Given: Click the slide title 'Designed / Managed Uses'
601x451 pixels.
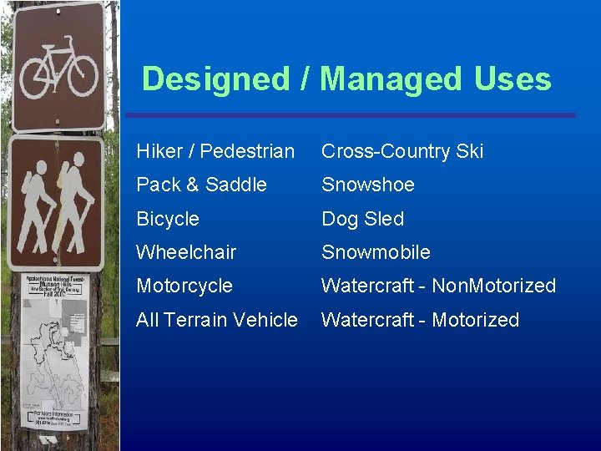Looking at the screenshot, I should coord(346,79).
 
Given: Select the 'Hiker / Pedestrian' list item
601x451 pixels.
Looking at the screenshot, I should coord(215,151).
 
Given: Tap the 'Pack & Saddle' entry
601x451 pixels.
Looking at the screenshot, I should coord(201,185).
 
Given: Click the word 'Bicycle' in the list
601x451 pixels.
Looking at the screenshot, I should coord(168,219).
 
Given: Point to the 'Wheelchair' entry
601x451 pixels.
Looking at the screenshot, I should coord(186,252).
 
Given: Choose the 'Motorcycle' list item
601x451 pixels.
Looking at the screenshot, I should coord(184,286).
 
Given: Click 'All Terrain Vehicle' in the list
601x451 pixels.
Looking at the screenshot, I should coord(217,320).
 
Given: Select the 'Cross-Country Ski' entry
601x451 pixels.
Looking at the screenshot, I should coord(402,151).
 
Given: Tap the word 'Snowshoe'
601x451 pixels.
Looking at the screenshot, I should coord(368,185).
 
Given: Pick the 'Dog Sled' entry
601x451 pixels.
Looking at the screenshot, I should coord(362,219).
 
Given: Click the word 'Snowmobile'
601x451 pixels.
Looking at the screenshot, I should coord(376,252).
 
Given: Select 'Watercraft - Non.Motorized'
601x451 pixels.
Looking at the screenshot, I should coord(438,286).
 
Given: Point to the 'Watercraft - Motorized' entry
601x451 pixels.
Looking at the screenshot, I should coord(420,320).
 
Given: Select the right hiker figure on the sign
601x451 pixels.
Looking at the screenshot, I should coord(75,205).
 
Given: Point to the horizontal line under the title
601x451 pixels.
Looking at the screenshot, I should coord(351,115).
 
